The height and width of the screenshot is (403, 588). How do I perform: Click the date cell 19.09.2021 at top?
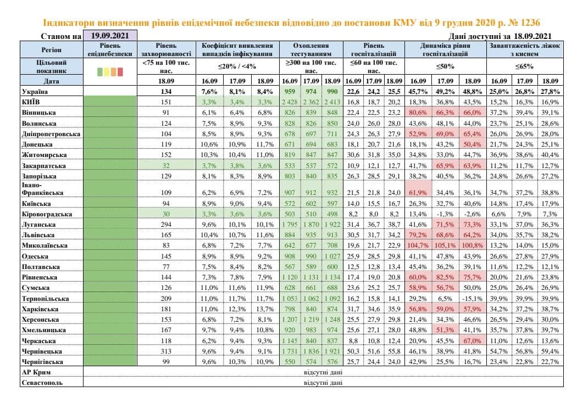pyautogui.click(x=109, y=36)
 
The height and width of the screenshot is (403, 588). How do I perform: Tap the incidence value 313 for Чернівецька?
pyautogui.click(x=165, y=351)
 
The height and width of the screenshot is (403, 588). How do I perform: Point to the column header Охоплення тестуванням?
pyautogui.click(x=311, y=50)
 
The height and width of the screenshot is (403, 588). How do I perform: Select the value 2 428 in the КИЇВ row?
pyautogui.click(x=291, y=102)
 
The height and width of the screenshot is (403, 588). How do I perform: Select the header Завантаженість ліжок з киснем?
pyautogui.click(x=525, y=50)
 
